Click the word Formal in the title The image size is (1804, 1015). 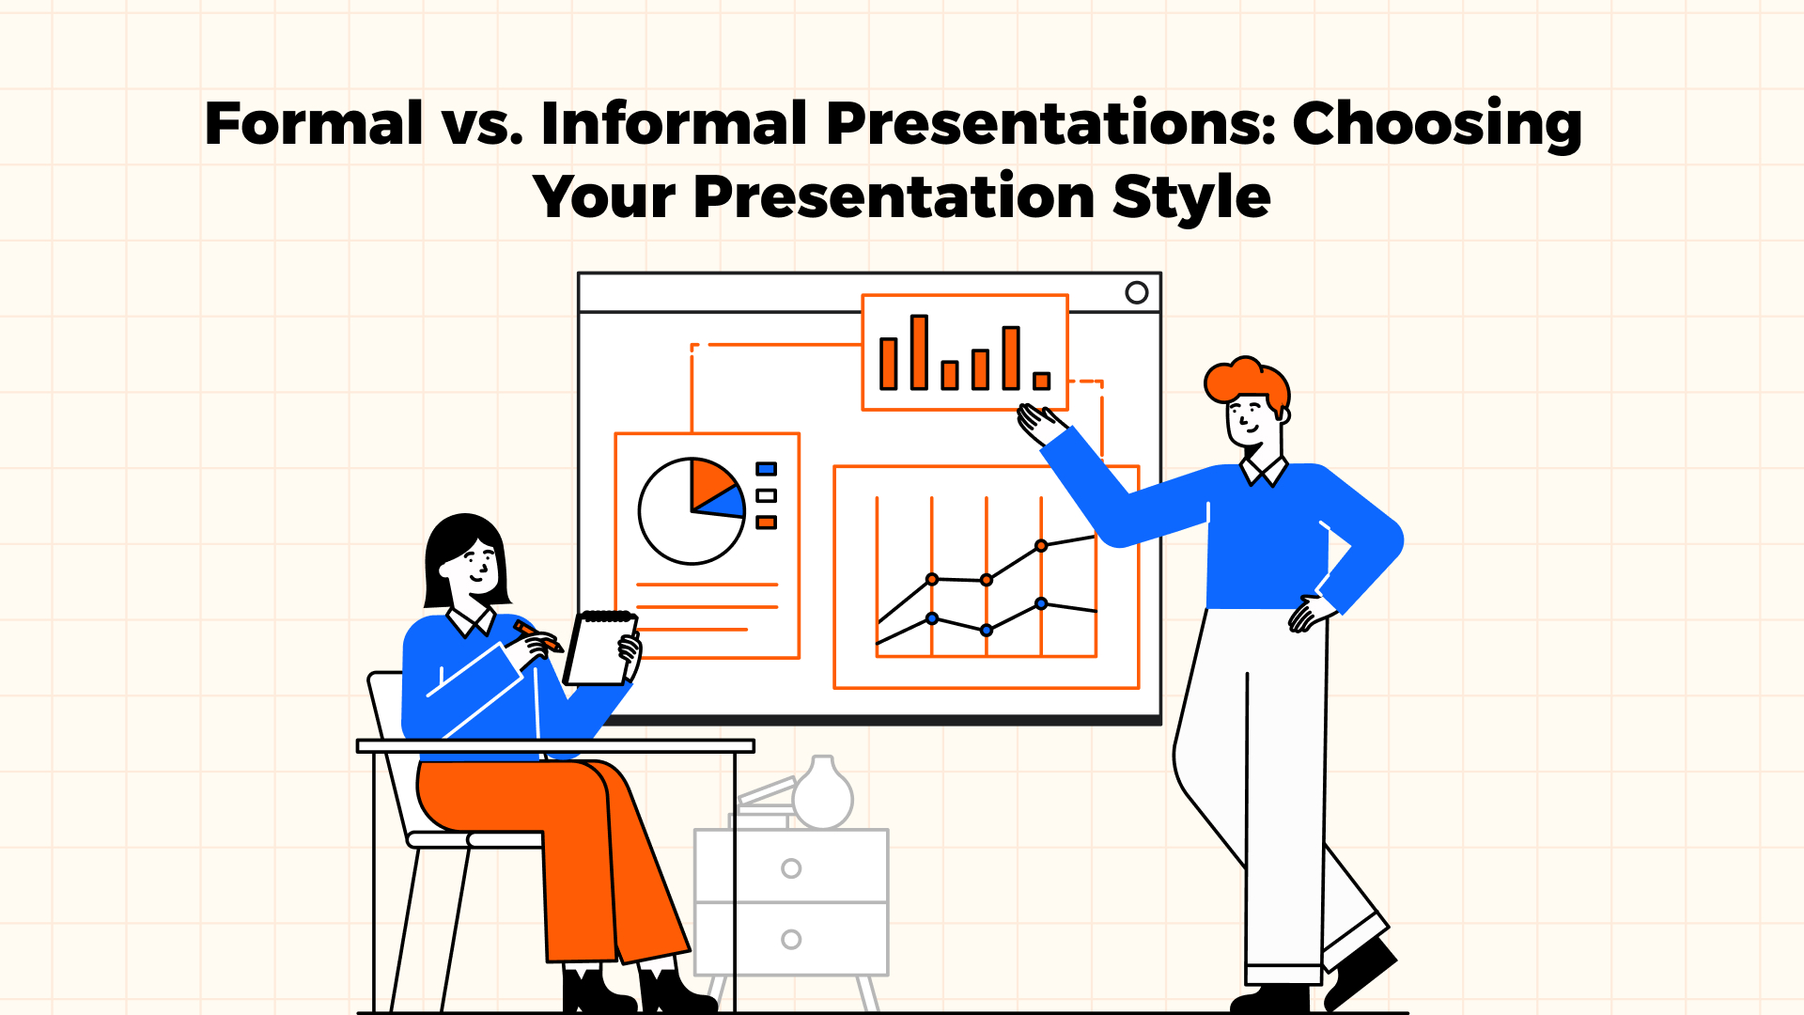[314, 124]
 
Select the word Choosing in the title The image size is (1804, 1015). [1437, 124]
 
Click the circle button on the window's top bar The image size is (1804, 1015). [1136, 292]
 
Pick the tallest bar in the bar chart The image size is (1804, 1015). [919, 352]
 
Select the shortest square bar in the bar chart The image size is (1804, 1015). [1041, 381]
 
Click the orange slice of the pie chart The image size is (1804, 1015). [709, 480]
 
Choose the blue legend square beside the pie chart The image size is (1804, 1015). [767, 469]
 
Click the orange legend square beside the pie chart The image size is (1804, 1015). [767, 523]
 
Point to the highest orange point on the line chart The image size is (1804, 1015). [1041, 546]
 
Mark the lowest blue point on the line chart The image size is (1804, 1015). [986, 631]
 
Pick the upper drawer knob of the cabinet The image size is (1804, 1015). [791, 868]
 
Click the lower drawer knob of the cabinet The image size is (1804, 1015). [791, 939]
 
